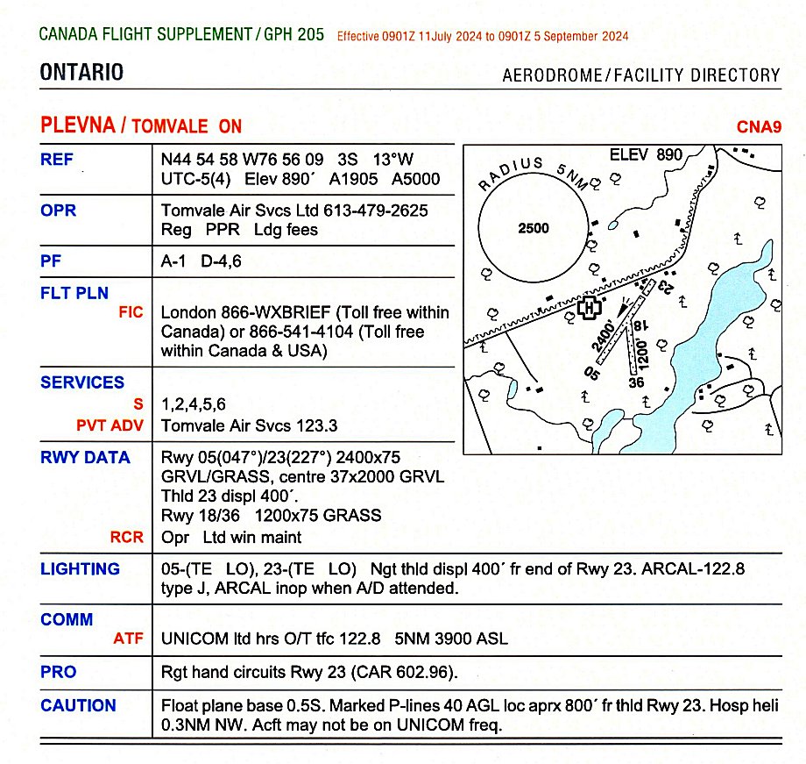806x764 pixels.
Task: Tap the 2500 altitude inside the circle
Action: (x=534, y=228)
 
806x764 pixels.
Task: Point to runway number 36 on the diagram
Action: (x=637, y=382)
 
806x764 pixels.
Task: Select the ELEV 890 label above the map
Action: (x=646, y=155)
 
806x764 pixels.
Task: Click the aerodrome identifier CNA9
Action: (x=758, y=126)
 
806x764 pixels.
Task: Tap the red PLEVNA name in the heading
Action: (x=78, y=125)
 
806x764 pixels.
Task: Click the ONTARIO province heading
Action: (x=81, y=73)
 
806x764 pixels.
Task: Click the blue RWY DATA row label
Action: (x=85, y=457)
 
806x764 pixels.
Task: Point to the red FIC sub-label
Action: (x=131, y=311)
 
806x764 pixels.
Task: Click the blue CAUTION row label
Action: (x=78, y=705)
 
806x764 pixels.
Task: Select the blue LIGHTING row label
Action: (x=80, y=568)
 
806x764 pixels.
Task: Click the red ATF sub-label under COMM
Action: (x=128, y=639)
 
